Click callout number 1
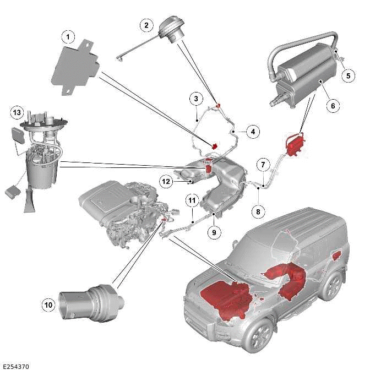[x=68, y=37]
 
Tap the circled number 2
[x=146, y=25]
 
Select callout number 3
[x=195, y=99]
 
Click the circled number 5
[x=347, y=77]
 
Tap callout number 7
[x=264, y=165]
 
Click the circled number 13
[x=18, y=113]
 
